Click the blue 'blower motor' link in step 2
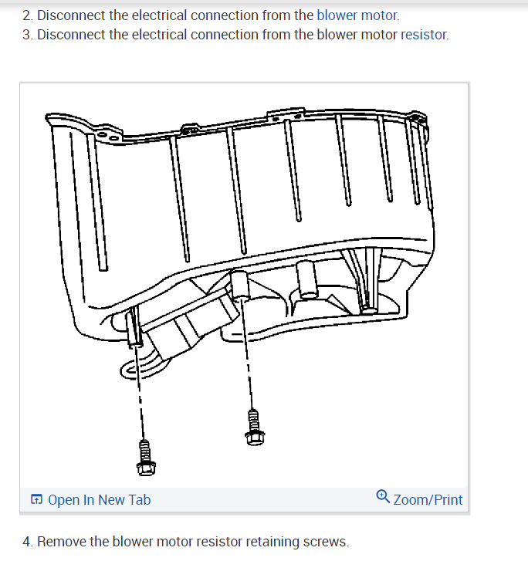tap(358, 15)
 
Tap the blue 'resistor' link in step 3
tap(425, 35)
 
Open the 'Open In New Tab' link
tap(99, 499)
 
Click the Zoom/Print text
tap(428, 499)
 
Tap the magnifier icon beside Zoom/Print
tap(383, 498)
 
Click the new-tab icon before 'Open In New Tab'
tap(37, 500)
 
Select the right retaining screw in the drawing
tap(252, 427)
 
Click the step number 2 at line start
tap(27, 15)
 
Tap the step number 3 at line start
tap(27, 35)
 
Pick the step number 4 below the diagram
tap(27, 542)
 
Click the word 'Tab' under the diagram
tap(139, 499)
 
